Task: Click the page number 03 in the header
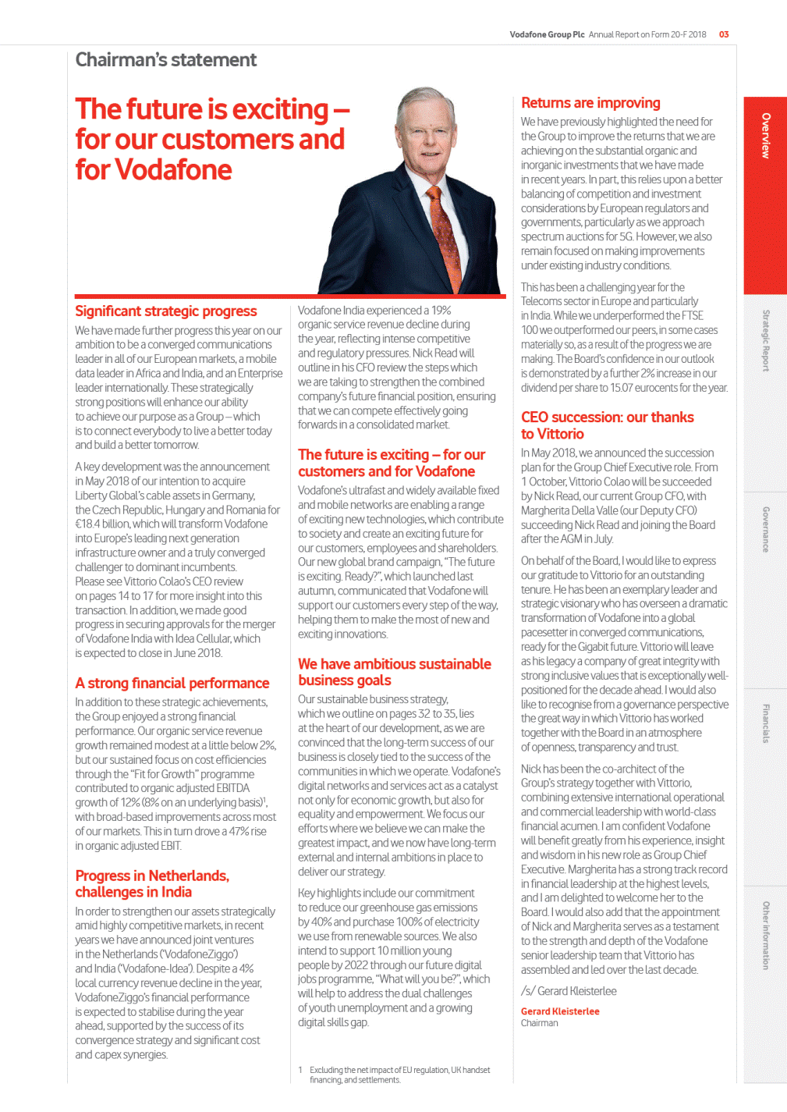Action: pyautogui.click(x=724, y=34)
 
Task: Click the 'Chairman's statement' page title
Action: pyautogui.click(x=165, y=60)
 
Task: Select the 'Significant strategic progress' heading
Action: pyautogui.click(x=165, y=311)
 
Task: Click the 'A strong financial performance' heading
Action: pyautogui.click(x=172, y=684)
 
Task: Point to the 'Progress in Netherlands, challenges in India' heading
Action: pyautogui.click(x=152, y=884)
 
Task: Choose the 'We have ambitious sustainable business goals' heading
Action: pyautogui.click(x=394, y=672)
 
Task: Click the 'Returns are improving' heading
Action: pyautogui.click(x=590, y=103)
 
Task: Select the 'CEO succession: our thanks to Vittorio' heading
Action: pyautogui.click(x=607, y=425)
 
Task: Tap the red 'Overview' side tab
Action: pyautogui.click(x=765, y=137)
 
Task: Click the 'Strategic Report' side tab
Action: pyautogui.click(x=765, y=340)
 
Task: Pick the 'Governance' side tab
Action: pyautogui.click(x=765, y=529)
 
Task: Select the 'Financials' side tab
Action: pyautogui.click(x=765, y=723)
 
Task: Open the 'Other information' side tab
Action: pyautogui.click(x=765, y=935)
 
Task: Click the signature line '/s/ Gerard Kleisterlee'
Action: pyautogui.click(x=569, y=991)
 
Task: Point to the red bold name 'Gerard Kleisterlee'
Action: pyautogui.click(x=560, y=1011)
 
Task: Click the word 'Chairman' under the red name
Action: pyautogui.click(x=540, y=1023)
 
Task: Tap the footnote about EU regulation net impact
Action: pyautogui.click(x=398, y=1075)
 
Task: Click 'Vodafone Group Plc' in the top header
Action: pyautogui.click(x=547, y=34)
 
